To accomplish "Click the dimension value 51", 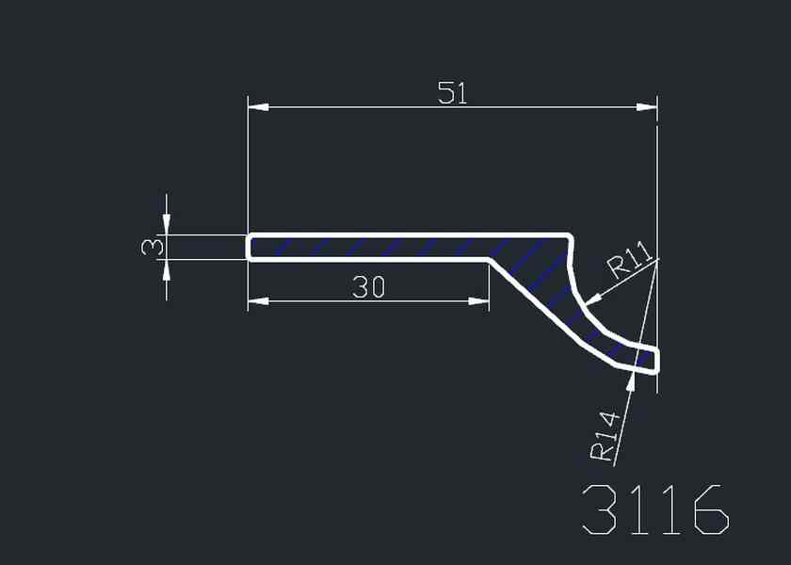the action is tap(453, 93).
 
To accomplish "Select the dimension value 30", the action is tap(369, 286).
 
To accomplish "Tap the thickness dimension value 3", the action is tap(153, 247).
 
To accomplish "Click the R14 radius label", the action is tap(605, 436).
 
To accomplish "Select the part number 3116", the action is tap(655, 509).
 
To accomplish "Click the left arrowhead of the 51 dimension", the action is tap(258, 107).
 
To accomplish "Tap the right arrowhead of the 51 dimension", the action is tap(647, 107).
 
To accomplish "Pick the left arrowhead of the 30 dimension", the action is tap(258, 301).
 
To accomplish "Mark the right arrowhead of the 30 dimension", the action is tap(478, 301).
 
